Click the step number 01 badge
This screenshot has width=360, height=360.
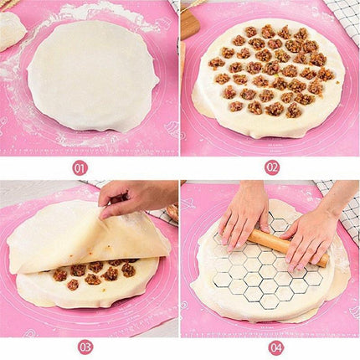point(80,167)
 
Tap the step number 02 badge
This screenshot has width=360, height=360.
point(272,167)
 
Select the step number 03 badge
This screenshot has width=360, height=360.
point(85,347)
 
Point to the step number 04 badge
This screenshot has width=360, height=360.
point(275,347)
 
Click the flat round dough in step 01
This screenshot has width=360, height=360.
point(92,75)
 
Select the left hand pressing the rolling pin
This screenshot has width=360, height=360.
point(244,213)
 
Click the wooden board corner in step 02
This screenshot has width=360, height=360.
point(190,25)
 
